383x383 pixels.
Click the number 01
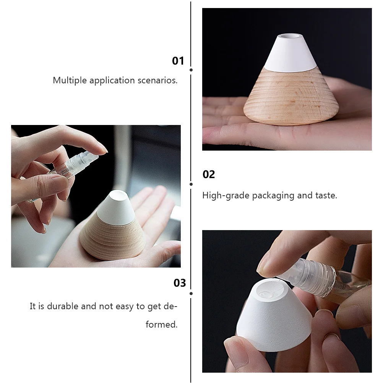click(x=178, y=61)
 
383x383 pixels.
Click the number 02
click(x=209, y=175)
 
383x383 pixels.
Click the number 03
click(x=180, y=283)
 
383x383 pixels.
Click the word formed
click(x=161, y=325)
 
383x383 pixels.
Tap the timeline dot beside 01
click(x=191, y=70)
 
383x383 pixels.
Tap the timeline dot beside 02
click(x=191, y=184)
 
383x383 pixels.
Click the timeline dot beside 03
click(x=191, y=294)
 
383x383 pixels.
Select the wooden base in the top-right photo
click(x=290, y=99)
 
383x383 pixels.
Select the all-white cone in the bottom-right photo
click(x=271, y=321)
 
